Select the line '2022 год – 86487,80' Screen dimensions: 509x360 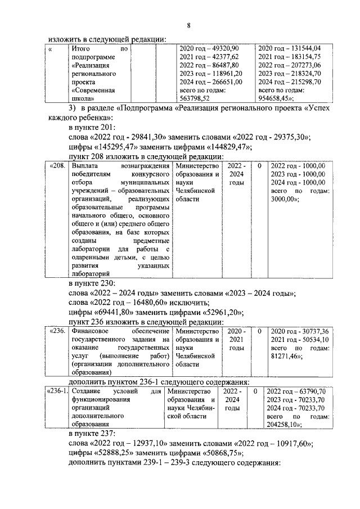pos(208,65)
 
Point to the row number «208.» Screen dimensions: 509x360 pos(58,166)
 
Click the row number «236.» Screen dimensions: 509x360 pos(58,332)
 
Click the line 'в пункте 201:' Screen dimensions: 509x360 pos(92,127)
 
